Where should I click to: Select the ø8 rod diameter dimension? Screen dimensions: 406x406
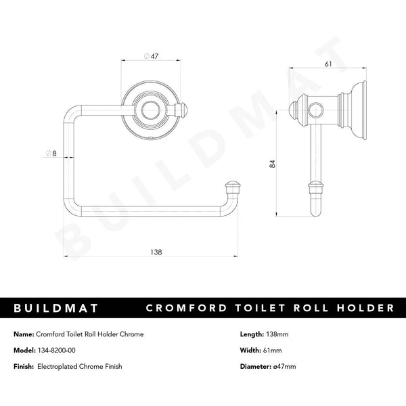[50, 154]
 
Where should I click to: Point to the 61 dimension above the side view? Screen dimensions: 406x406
[328, 64]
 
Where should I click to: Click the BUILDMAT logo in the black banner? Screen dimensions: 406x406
[57, 308]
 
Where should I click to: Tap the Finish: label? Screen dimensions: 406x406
[25, 366]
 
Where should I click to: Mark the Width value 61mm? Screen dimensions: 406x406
[272, 350]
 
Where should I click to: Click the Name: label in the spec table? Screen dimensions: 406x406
[24, 334]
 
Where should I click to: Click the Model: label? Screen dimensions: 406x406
[25, 350]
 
